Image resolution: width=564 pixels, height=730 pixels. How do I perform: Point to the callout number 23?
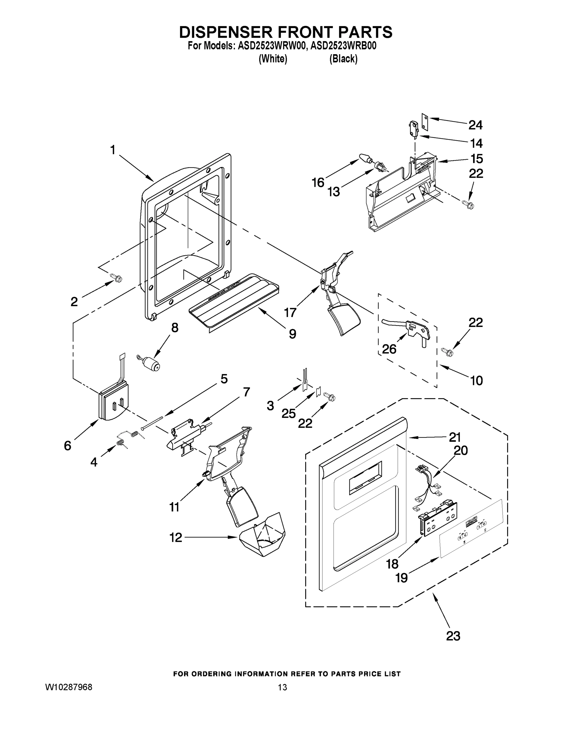point(453,636)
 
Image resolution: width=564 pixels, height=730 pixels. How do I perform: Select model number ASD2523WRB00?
point(343,46)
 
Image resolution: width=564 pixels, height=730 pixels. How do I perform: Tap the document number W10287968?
point(68,687)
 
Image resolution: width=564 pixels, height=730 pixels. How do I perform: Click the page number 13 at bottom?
point(282,687)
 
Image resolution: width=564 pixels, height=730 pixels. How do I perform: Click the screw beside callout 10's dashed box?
point(447,351)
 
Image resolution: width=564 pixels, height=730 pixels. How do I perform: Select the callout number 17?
point(290,312)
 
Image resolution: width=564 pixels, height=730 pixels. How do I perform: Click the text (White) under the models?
point(273,59)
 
